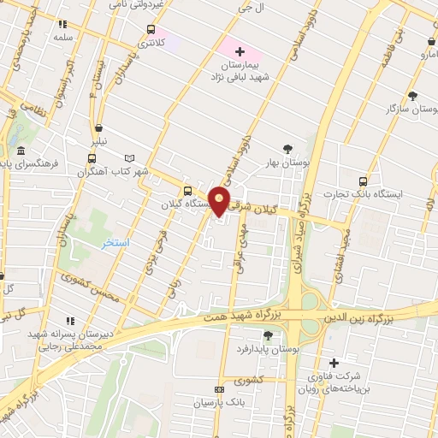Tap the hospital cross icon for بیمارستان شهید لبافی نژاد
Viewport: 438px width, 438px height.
240,53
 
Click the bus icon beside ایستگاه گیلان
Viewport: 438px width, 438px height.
187,191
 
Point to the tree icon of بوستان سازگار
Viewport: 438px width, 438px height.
413,96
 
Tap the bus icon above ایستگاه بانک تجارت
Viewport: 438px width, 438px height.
363,181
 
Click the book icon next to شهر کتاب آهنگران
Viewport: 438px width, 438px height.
130,158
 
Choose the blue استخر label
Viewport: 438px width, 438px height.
114,244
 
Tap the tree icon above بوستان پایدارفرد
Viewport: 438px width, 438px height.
268,334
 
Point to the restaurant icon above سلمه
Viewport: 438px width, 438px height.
62,25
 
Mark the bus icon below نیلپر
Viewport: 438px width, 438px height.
92,158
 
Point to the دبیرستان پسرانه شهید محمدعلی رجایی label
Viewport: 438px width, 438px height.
64,340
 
